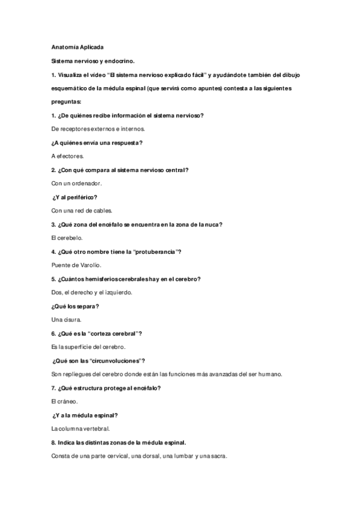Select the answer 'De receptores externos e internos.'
(x=98, y=128)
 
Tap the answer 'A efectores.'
(x=67, y=156)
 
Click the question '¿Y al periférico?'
(x=75, y=197)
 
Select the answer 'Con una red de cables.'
(x=82, y=210)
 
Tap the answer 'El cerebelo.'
(x=66, y=238)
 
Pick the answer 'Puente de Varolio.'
(x=76, y=265)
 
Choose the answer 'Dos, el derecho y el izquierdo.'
(x=92, y=293)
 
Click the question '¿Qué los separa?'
(x=75, y=306)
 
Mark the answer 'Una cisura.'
(x=66, y=320)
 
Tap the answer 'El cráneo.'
(x=64, y=401)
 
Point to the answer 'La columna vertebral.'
(x=81, y=429)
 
